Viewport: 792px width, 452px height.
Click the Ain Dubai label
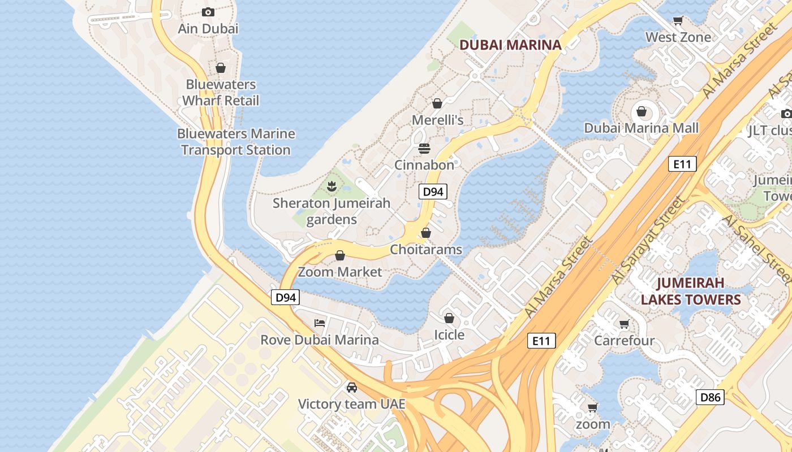[x=208, y=28]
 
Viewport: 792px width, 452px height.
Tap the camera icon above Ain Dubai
[x=208, y=12]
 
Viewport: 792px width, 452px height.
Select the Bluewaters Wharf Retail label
[x=221, y=93]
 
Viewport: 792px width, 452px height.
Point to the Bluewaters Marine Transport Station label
[x=236, y=142]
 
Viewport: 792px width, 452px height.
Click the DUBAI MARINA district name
[x=510, y=45]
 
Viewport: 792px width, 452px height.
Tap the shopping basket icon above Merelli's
[x=437, y=103]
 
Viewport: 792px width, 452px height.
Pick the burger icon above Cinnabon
[x=424, y=149]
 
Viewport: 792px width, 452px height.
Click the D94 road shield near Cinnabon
[x=433, y=192]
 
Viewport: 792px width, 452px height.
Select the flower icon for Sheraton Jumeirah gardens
[x=332, y=185]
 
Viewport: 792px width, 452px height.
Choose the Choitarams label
[x=426, y=250]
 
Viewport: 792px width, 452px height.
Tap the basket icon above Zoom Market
[x=340, y=256]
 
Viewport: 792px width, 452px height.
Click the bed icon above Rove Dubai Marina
[x=320, y=323]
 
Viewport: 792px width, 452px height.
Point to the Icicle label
[x=449, y=335]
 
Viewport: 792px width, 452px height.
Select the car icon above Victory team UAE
[x=352, y=388]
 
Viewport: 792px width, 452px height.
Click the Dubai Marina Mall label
[x=642, y=128]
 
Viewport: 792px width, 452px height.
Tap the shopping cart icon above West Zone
[x=678, y=21]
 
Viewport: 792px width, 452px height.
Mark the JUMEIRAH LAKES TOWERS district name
[x=691, y=291]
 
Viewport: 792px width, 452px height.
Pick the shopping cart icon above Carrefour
[x=625, y=324]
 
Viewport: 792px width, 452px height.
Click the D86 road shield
[x=710, y=397]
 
